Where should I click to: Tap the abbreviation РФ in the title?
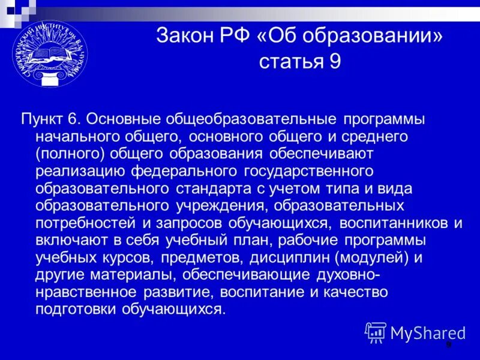pos(238,37)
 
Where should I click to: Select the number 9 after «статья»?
pos(335,61)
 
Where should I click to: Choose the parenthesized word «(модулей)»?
pos(376,258)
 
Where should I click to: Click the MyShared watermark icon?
pos(376,331)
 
